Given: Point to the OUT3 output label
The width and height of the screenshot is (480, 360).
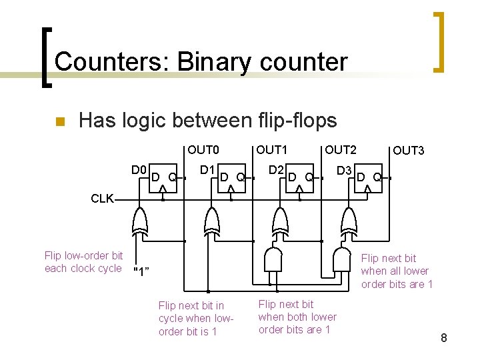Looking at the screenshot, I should pyautogui.click(x=408, y=151).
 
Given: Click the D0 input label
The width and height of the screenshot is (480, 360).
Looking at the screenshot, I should pyautogui.click(x=139, y=170).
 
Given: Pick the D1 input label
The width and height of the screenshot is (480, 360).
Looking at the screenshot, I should pyautogui.click(x=207, y=170).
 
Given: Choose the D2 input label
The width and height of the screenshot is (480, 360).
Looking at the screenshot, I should pyautogui.click(x=276, y=170).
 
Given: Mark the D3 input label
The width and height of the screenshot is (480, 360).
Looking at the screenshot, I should pyautogui.click(x=344, y=171).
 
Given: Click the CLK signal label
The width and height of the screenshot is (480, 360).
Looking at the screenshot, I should pyautogui.click(x=102, y=198).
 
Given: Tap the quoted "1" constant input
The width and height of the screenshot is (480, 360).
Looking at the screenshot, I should pyautogui.click(x=141, y=271).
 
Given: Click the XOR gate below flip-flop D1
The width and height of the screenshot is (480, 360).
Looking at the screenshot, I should pyautogui.click(x=211, y=220).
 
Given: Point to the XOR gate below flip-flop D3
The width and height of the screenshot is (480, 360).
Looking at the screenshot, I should pyautogui.click(x=348, y=220).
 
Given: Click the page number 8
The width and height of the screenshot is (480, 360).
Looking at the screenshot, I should pyautogui.click(x=443, y=339).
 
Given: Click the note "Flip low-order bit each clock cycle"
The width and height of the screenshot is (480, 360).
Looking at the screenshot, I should pyautogui.click(x=83, y=262).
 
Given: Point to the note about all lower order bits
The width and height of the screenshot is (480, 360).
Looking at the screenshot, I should pyautogui.click(x=397, y=271).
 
